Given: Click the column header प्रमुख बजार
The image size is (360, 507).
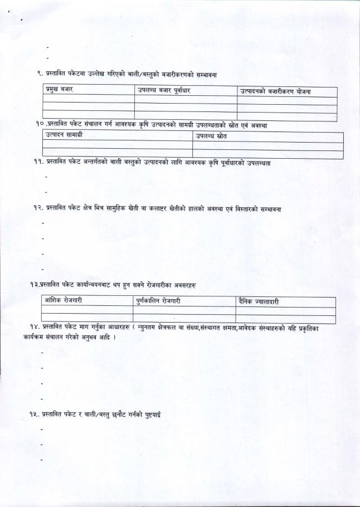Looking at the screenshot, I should pyautogui.click(x=59, y=90).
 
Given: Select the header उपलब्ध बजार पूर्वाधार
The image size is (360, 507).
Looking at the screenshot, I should pyautogui.click(x=163, y=91).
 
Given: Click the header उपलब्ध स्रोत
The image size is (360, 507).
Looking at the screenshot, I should pyautogui.click(x=211, y=136).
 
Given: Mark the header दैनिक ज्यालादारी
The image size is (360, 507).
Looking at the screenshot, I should pyautogui.click(x=259, y=301).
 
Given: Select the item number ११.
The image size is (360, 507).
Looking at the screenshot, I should pyautogui.click(x=38, y=162).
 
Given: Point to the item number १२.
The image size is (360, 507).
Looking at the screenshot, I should pyautogui.click(x=37, y=208).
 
